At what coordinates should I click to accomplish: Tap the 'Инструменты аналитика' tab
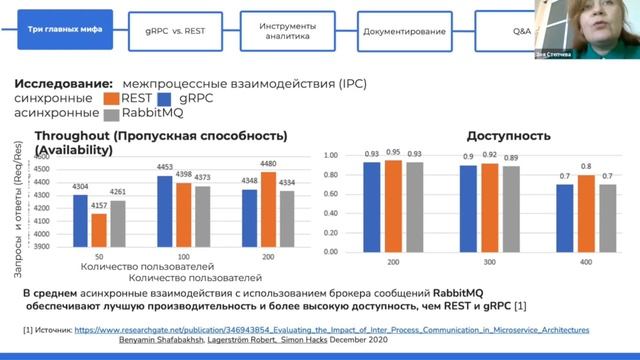(x=281, y=31)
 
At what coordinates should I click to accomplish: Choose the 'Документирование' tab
(x=404, y=32)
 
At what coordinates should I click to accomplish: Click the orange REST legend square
(x=111, y=99)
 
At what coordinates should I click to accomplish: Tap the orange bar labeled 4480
(x=268, y=209)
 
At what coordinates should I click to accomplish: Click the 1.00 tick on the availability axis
(x=333, y=157)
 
